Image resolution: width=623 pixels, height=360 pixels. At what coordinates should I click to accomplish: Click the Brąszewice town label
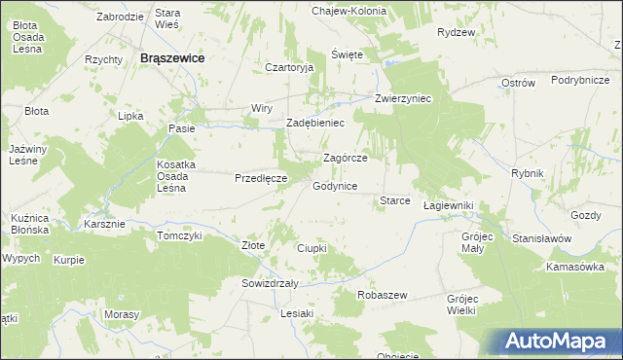click(x=172, y=58)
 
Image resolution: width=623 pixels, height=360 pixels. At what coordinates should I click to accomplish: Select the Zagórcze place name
click(x=345, y=158)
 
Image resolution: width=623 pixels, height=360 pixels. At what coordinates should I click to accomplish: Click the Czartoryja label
click(x=289, y=67)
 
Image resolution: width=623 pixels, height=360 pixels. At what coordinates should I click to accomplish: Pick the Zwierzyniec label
click(x=404, y=99)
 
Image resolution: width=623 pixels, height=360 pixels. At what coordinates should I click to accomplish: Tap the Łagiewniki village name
click(x=449, y=206)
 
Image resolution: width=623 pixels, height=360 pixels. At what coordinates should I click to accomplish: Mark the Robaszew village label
click(x=382, y=294)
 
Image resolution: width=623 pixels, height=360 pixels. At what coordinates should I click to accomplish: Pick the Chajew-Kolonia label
click(x=349, y=11)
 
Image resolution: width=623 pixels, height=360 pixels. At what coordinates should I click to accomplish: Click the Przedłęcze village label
click(x=260, y=178)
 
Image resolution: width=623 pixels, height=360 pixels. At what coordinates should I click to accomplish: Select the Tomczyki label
click(x=179, y=235)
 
